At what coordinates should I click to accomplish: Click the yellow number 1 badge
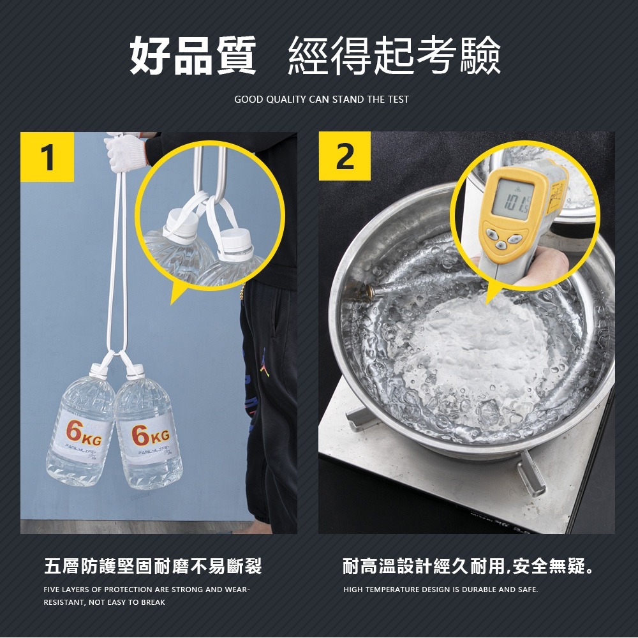47,157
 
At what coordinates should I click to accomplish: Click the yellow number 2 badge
345,156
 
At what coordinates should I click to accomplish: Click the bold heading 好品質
193,56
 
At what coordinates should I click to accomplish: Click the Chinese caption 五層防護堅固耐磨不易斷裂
152,565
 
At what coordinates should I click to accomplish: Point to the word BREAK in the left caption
153,602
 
